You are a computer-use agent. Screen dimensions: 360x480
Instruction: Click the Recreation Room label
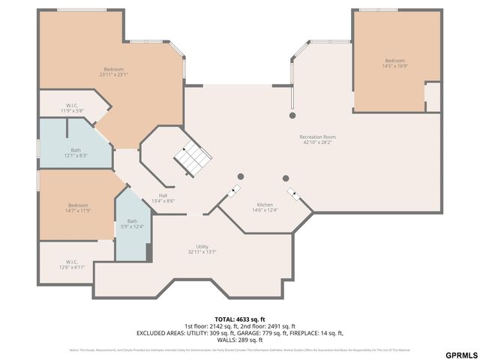[317, 139]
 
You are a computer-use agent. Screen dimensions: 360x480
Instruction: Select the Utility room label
[202, 249]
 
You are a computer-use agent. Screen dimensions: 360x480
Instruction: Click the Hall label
[163, 198]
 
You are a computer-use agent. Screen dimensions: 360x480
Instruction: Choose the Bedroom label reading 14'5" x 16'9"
[395, 63]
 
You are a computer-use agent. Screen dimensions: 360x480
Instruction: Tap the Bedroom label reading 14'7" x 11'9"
[78, 208]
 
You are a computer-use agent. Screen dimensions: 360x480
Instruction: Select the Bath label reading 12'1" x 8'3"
[76, 153]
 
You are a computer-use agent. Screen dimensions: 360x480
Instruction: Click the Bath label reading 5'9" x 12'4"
[132, 223]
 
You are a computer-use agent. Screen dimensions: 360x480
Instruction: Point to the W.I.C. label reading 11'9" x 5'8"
[72, 108]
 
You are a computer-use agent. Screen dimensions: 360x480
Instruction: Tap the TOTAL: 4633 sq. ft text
[239, 319]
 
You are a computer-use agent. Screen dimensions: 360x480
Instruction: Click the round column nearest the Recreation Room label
[292, 116]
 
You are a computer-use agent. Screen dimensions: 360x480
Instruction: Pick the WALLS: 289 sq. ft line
[239, 339]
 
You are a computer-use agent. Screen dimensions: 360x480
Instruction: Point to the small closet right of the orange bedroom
[432, 97]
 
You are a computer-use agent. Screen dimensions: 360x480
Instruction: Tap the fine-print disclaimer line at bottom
[239, 349]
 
